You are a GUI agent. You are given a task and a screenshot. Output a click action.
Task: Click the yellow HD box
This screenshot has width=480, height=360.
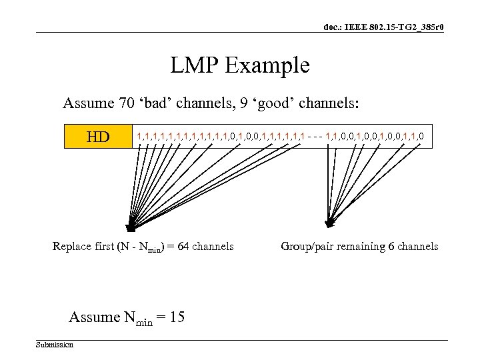98,137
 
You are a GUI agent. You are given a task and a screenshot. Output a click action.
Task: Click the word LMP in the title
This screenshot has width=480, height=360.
195,65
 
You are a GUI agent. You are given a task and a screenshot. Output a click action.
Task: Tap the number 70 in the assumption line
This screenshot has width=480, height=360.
126,103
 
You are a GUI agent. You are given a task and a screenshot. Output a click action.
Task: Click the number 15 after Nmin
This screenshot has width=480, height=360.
177,317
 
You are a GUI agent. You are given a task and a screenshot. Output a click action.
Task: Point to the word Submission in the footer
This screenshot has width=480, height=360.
55,345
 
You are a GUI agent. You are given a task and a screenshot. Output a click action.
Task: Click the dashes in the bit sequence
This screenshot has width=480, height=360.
315,137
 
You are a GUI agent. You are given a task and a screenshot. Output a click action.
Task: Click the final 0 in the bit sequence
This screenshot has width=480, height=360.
421,137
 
